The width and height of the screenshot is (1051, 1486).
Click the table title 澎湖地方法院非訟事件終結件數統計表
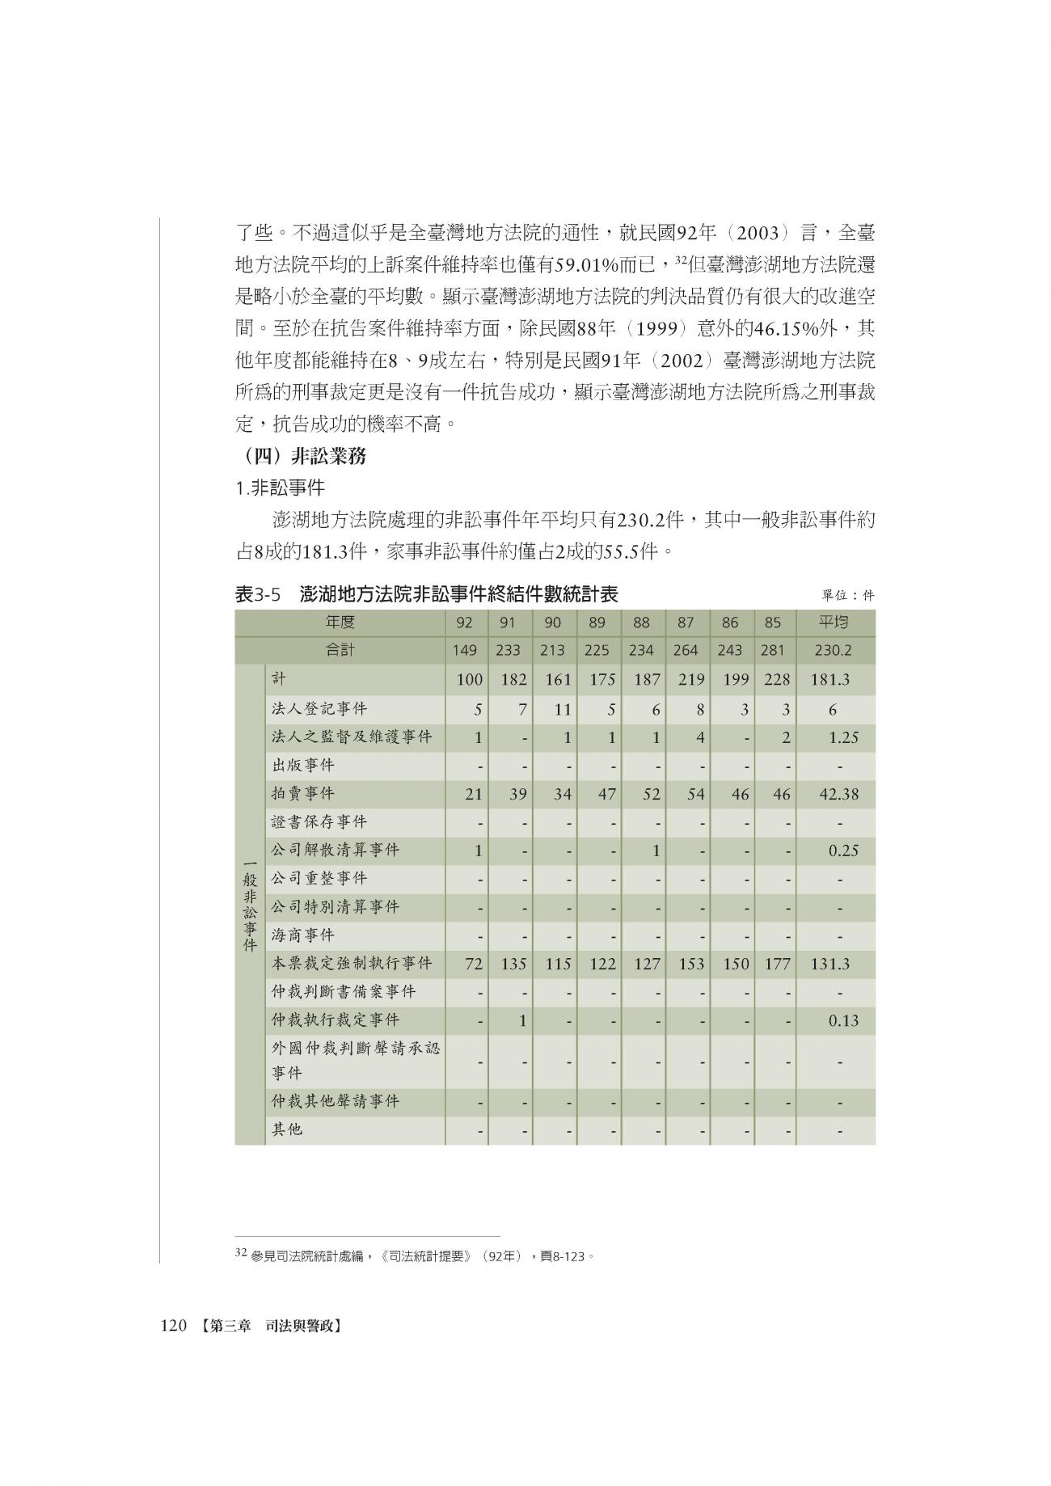pos(458,595)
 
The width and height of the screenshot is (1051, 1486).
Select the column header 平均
pos(834,623)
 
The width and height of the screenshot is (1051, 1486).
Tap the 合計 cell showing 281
pos(773,651)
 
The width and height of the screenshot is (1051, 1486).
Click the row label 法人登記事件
pos(319,709)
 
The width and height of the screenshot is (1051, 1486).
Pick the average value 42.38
pos(838,795)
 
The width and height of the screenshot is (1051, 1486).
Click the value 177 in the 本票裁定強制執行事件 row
pos(777,965)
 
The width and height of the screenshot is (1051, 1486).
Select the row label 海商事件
pos(302,935)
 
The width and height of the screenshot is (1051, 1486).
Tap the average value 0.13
pos(843,1021)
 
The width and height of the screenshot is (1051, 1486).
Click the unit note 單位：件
pos(847,596)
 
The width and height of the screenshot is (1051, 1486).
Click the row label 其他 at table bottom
pos(286,1129)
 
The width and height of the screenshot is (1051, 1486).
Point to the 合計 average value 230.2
pos(834,651)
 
